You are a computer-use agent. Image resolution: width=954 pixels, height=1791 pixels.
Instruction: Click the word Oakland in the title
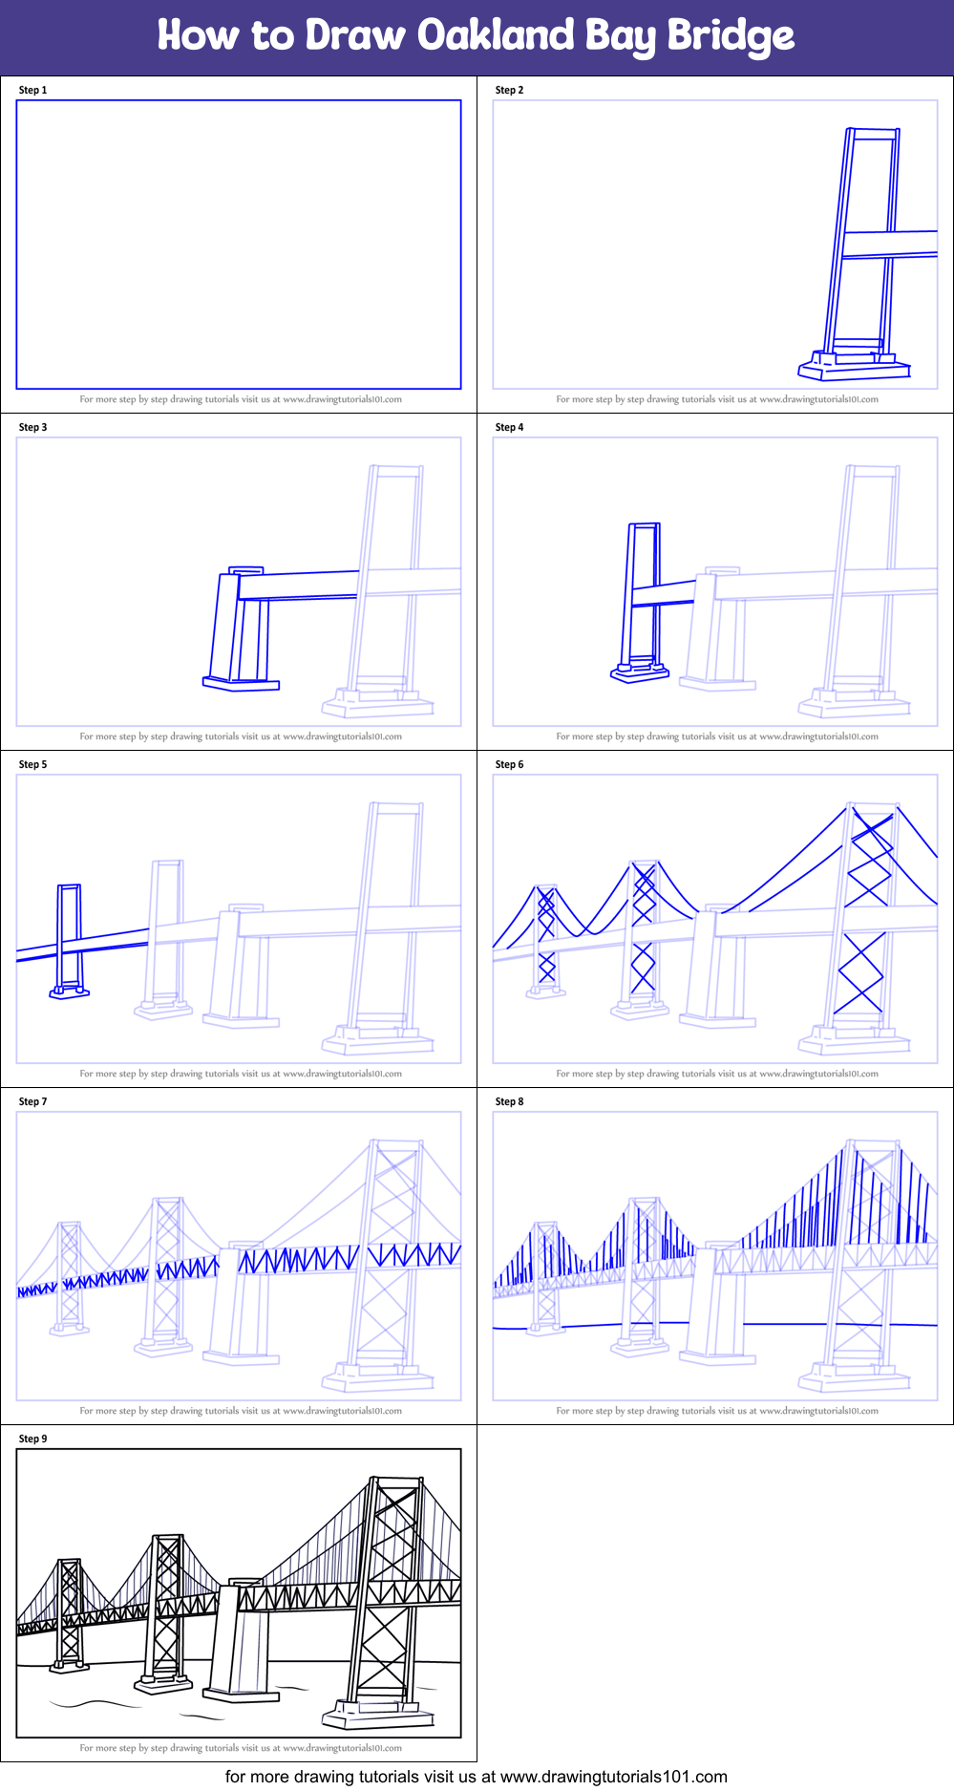(x=497, y=35)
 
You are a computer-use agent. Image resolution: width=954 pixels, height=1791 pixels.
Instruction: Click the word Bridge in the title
(x=731, y=35)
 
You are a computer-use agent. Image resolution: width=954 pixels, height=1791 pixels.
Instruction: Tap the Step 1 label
(x=32, y=90)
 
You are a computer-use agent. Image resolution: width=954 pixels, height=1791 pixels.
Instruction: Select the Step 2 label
(x=509, y=90)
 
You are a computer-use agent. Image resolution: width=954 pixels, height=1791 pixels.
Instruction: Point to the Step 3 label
(x=32, y=427)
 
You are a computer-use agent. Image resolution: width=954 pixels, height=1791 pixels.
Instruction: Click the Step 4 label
(x=509, y=427)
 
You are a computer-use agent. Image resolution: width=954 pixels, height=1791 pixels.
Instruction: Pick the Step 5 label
(x=32, y=764)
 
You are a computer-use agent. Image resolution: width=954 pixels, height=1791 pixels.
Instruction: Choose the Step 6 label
(x=509, y=764)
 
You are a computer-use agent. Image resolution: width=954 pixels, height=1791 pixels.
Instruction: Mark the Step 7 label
(x=32, y=1101)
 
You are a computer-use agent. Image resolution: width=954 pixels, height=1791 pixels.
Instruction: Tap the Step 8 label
(x=509, y=1101)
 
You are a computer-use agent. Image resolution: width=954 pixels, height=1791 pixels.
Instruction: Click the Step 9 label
(x=32, y=1439)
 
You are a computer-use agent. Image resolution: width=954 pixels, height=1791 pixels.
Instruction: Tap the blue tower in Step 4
(x=642, y=600)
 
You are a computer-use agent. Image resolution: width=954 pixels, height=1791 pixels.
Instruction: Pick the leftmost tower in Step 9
(x=69, y=1614)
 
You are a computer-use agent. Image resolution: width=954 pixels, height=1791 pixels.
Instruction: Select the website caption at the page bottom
(x=476, y=1777)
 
